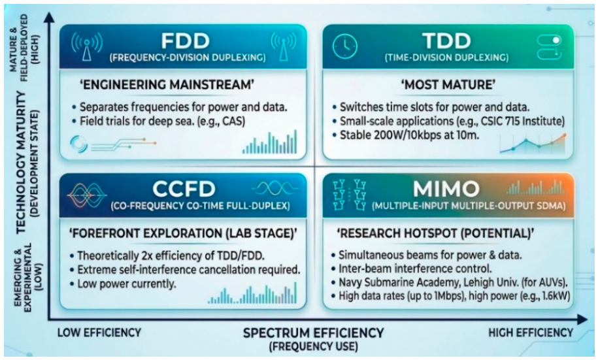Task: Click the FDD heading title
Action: [186, 41]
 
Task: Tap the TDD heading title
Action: [446, 41]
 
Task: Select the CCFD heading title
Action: [184, 188]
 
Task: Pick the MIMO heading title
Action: [446, 188]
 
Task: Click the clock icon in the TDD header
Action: [345, 46]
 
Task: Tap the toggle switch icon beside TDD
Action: [549, 47]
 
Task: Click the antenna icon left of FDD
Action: [87, 46]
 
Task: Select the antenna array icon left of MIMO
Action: [350, 195]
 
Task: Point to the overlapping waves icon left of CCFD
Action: [86, 195]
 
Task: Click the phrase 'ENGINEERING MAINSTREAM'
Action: [167, 85]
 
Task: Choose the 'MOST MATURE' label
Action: [448, 85]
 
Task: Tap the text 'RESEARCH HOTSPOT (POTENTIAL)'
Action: [435, 233]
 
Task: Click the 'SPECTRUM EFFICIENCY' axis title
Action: [314, 333]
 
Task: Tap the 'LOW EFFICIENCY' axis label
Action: [99, 333]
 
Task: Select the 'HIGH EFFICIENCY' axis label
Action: [531, 333]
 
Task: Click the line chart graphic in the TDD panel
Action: [533, 144]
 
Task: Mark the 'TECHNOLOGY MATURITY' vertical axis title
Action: [20, 162]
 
